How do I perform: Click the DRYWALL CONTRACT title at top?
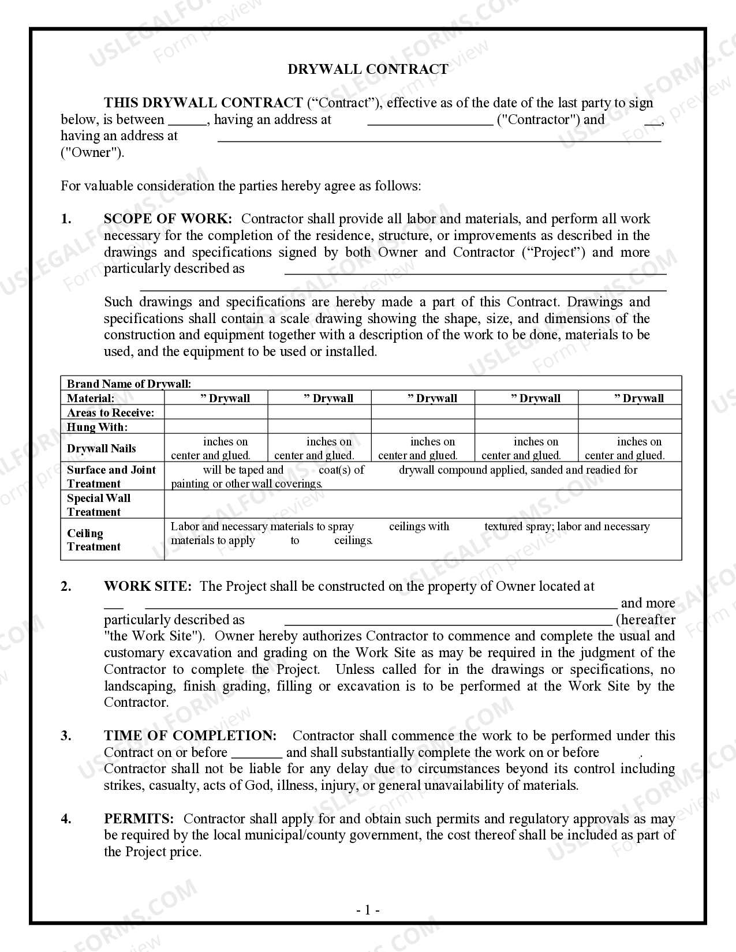pos(368,69)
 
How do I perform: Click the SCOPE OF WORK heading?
pos(168,219)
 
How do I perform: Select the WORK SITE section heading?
pos(147,586)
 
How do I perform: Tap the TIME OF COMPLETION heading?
pos(190,736)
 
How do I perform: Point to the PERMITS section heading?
pos(139,819)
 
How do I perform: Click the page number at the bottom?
pos(368,910)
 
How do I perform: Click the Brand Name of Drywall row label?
pos(129,384)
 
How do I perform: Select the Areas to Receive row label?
pos(110,413)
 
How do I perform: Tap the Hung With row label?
pos(97,427)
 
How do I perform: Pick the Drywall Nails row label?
pos(102,448)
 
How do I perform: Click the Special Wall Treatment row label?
pos(99,505)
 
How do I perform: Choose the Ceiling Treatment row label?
pos(94,539)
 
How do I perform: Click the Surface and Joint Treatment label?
pos(111,477)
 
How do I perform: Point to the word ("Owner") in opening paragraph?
pos(92,153)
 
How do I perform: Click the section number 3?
pos(66,736)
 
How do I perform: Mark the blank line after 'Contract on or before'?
pos(256,754)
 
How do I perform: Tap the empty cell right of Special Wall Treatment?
pos(423,505)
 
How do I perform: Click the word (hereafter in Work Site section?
pos(645,620)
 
